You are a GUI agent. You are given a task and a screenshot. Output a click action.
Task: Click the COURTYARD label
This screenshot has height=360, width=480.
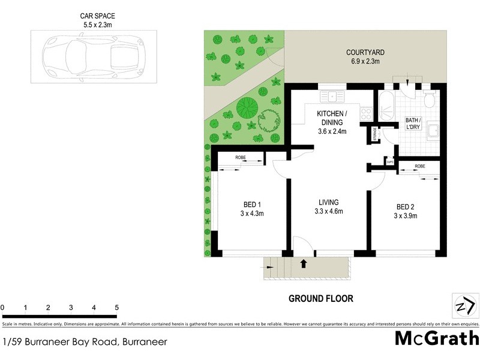[365, 52]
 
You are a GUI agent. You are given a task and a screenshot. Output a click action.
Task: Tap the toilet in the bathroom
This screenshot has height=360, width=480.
[428, 99]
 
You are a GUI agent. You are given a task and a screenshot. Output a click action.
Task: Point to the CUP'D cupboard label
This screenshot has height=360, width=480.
[389, 161]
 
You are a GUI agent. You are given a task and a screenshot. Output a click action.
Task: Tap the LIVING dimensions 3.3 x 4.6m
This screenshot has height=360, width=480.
[328, 211]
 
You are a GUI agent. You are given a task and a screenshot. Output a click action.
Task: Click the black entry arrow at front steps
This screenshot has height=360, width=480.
[303, 263]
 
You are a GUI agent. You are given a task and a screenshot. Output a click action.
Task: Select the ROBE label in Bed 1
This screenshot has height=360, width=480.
[240, 158]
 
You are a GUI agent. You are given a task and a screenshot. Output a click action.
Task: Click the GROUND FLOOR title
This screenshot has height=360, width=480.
[320, 298]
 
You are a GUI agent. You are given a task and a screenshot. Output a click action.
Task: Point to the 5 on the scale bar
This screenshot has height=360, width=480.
[116, 308]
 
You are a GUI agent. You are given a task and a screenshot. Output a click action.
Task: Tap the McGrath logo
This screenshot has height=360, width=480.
[436, 338]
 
